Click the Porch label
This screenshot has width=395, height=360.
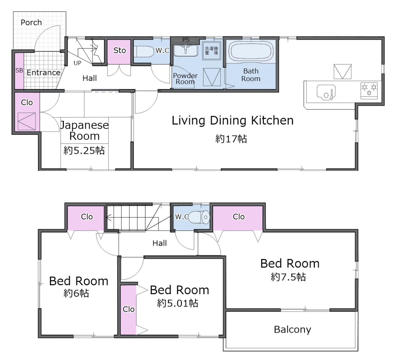[31, 22]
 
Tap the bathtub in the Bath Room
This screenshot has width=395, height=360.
[251, 51]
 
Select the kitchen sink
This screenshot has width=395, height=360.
[326, 92]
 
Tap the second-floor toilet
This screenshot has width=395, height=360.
[199, 217]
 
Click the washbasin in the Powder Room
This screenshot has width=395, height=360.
[186, 50]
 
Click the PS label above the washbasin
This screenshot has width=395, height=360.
[186, 40]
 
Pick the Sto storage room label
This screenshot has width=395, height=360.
[120, 50]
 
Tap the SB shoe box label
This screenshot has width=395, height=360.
[19, 70]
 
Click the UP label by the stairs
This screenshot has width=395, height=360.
[77, 63]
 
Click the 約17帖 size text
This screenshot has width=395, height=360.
[231, 139]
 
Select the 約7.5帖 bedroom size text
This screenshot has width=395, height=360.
[288, 277]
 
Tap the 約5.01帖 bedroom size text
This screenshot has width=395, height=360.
[178, 303]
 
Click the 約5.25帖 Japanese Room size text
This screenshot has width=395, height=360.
[84, 151]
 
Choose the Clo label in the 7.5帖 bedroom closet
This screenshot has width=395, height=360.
[239, 217]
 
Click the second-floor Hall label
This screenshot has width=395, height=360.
[160, 243]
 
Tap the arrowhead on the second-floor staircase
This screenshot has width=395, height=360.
[108, 218]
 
